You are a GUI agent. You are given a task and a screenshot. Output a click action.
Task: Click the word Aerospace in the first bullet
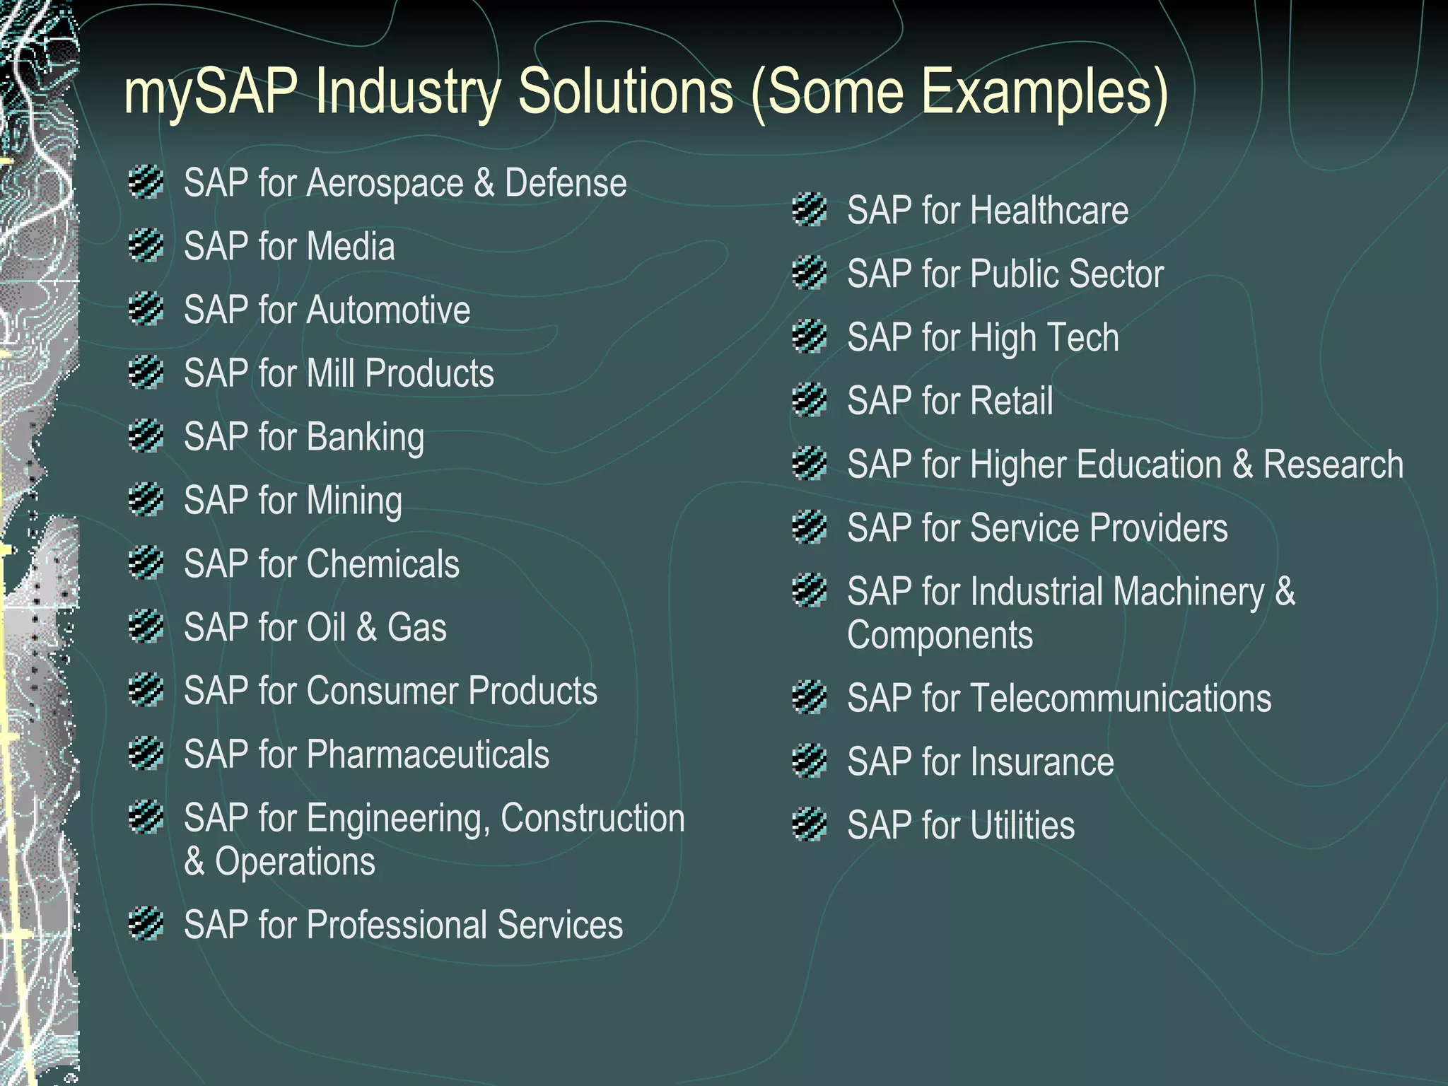(x=385, y=184)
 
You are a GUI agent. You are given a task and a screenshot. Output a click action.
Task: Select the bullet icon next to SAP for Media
(x=146, y=245)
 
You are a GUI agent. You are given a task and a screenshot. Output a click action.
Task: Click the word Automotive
(x=388, y=310)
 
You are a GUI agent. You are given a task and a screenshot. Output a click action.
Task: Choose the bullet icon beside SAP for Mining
(x=146, y=499)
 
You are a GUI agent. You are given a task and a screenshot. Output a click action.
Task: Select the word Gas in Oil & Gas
(x=416, y=628)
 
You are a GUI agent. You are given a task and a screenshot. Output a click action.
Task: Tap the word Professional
(x=396, y=926)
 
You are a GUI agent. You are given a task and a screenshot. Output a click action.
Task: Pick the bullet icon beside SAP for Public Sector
(x=810, y=273)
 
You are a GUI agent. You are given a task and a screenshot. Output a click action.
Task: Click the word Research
(x=1333, y=465)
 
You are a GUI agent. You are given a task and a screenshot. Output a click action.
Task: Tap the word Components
(x=940, y=636)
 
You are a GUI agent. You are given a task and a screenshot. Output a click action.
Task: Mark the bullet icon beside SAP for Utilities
(x=810, y=824)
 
